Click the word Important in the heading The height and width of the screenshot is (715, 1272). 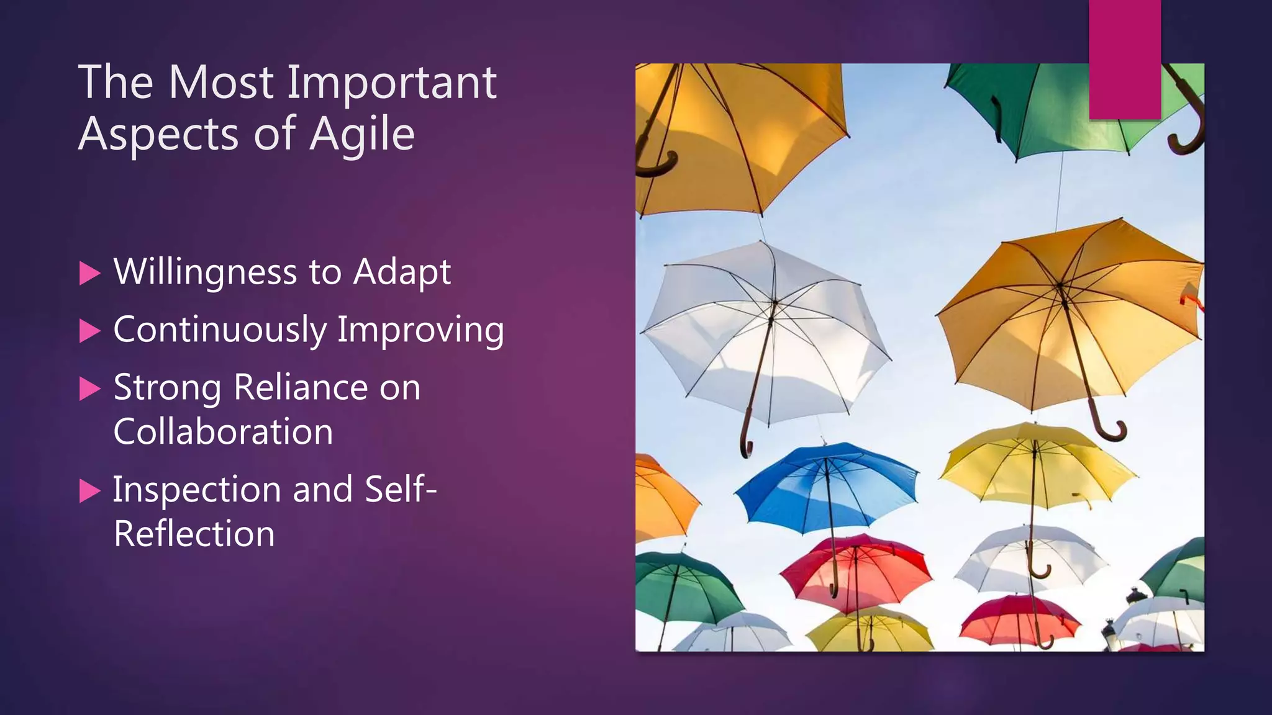coord(391,82)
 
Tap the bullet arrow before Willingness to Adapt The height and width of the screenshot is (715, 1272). coord(90,273)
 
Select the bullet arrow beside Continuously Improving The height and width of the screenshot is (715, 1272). coord(90,331)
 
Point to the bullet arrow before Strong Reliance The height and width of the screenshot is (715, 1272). coord(90,389)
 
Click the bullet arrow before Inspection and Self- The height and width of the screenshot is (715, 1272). coord(90,492)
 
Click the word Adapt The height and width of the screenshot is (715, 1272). coord(402,272)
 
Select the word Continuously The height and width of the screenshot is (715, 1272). coord(219,330)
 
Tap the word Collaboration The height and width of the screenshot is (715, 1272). coord(223,431)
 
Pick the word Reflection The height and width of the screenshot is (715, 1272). coord(194,534)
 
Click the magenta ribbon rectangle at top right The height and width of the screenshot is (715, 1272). coord(1125,59)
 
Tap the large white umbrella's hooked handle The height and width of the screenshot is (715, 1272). coord(746,442)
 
